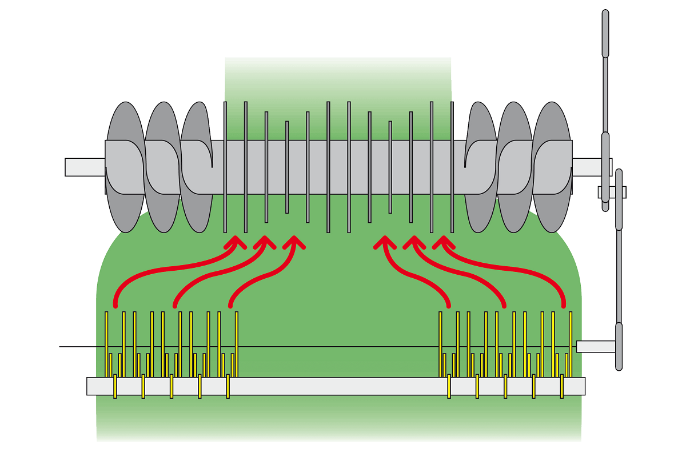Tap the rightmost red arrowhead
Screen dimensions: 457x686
tap(442, 242)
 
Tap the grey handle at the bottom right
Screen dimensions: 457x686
tap(619, 346)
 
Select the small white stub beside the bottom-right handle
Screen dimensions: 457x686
tap(595, 346)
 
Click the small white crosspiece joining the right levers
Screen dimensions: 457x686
tap(612, 192)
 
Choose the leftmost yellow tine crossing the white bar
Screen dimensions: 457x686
tap(115, 386)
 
